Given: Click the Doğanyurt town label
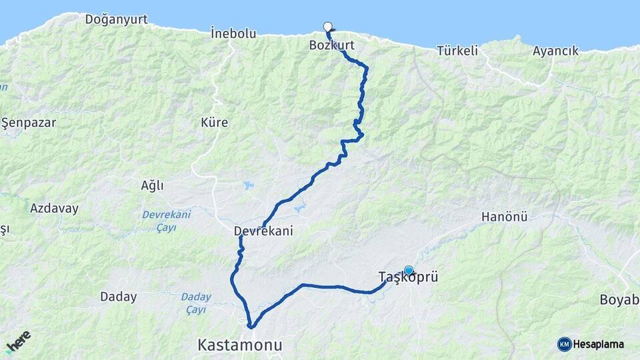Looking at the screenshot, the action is (x=116, y=19).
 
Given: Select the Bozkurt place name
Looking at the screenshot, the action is (x=331, y=45).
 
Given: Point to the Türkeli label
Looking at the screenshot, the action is (x=458, y=50).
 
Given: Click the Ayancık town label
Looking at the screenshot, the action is (x=555, y=51).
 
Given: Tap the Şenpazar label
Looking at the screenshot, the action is (x=29, y=123).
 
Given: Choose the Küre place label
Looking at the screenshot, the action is (x=214, y=123).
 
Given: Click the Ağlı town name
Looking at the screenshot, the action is (x=152, y=185).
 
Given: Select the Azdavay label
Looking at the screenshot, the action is (x=54, y=208).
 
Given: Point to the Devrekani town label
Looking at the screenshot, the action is (x=263, y=231).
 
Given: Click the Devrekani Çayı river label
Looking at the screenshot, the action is (x=167, y=221).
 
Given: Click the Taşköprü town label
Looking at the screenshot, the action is (x=408, y=277).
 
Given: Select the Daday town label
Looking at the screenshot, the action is (x=118, y=297).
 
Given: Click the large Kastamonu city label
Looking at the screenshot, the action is (x=239, y=345).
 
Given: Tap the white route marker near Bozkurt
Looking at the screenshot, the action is (x=327, y=27).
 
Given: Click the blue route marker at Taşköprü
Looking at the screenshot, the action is (x=409, y=271).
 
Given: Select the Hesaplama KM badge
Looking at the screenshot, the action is (x=591, y=344).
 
